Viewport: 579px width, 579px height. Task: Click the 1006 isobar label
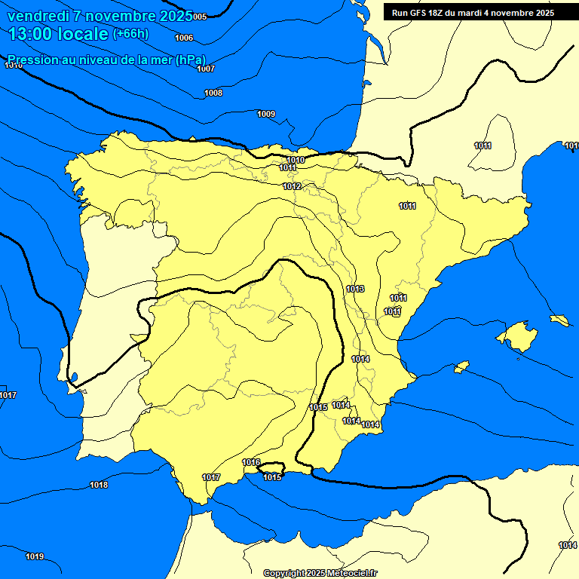click(183, 38)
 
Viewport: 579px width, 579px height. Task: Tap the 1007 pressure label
click(206, 69)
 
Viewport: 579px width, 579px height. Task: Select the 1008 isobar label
click(213, 93)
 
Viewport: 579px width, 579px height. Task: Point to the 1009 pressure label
click(266, 114)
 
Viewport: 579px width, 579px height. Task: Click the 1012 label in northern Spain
click(293, 186)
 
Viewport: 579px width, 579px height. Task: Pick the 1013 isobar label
click(356, 289)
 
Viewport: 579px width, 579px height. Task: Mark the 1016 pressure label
click(252, 462)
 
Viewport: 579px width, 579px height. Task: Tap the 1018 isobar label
click(99, 485)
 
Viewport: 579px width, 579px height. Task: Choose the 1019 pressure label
click(35, 556)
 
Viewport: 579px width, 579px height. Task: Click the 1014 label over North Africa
click(567, 545)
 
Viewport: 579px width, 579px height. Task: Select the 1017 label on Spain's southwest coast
click(211, 477)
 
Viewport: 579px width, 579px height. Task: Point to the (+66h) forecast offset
click(130, 34)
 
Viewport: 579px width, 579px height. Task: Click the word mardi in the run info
click(473, 13)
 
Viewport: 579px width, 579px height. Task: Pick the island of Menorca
click(559, 320)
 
